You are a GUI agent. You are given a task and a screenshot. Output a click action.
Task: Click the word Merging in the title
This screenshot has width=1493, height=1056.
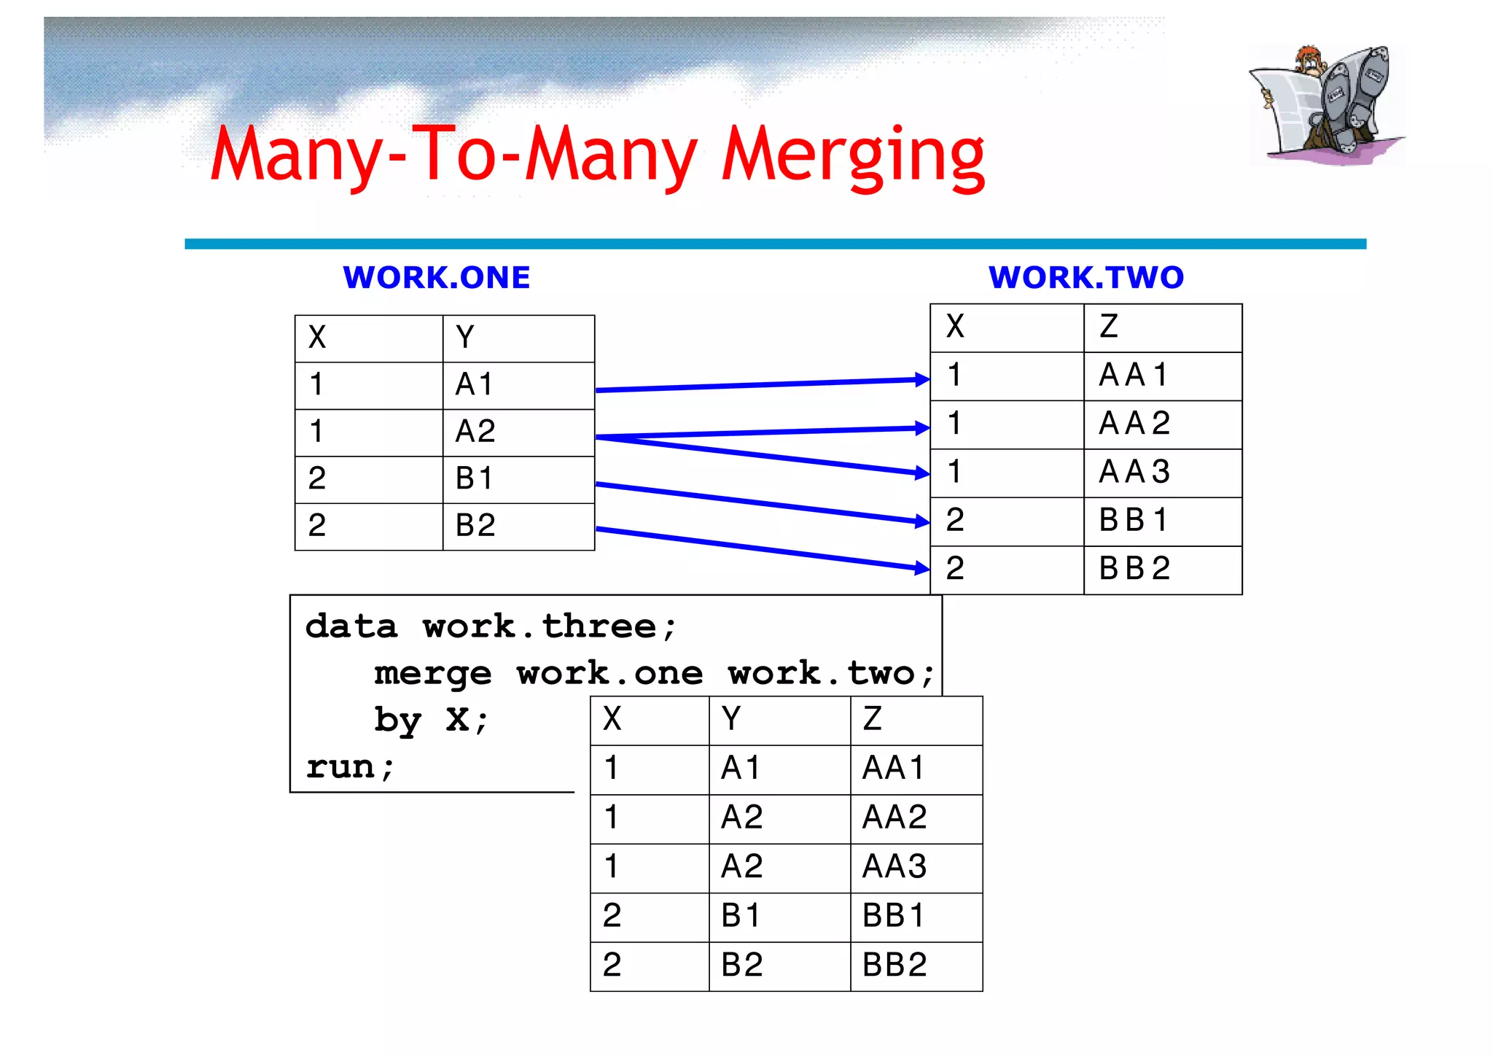(853, 155)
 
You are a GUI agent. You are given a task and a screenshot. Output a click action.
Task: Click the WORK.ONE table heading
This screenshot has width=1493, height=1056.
(437, 278)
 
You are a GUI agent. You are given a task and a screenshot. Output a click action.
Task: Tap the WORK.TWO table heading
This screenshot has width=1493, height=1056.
(1086, 278)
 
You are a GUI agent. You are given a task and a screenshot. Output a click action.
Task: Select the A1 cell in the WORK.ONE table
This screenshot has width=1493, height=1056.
(475, 384)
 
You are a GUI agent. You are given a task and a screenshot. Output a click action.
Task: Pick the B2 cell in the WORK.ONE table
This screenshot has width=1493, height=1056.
(475, 525)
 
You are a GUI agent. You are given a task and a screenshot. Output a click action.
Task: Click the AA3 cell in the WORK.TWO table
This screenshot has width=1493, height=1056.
(1134, 472)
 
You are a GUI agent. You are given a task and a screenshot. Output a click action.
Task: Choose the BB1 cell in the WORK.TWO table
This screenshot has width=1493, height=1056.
(1134, 520)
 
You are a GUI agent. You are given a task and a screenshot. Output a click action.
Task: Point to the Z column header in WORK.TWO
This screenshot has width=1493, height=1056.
(1109, 327)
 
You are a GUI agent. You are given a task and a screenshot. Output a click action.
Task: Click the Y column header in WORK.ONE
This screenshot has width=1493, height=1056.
(465, 337)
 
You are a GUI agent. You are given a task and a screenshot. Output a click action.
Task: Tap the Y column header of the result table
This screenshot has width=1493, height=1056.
(731, 719)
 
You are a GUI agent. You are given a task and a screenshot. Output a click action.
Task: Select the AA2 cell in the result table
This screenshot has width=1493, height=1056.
(894, 817)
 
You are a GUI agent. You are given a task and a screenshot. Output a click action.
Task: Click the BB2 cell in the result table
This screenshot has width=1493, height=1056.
(894, 965)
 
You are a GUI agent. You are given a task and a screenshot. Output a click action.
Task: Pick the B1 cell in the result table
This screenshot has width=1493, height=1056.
(741, 916)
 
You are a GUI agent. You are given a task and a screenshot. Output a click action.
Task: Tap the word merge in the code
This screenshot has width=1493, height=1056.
(433, 674)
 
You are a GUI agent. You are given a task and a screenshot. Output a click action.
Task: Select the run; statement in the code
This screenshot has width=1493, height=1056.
(351, 767)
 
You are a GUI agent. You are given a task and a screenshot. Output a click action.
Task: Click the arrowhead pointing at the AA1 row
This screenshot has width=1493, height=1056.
(922, 379)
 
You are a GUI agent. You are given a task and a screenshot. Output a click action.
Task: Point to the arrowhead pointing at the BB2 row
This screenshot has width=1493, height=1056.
(922, 568)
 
